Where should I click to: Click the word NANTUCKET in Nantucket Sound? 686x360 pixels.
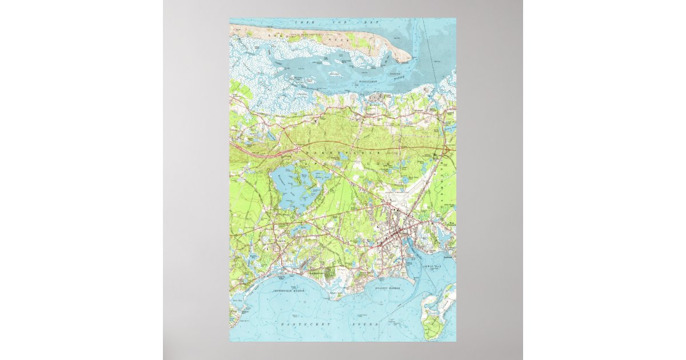pyautogui.click(x=298, y=324)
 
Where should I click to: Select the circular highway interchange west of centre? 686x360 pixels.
pyautogui.click(x=298, y=149)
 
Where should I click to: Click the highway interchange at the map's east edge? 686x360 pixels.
pyautogui.click(x=448, y=150)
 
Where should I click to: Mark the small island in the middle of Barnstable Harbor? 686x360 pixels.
pyautogui.click(x=333, y=74)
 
